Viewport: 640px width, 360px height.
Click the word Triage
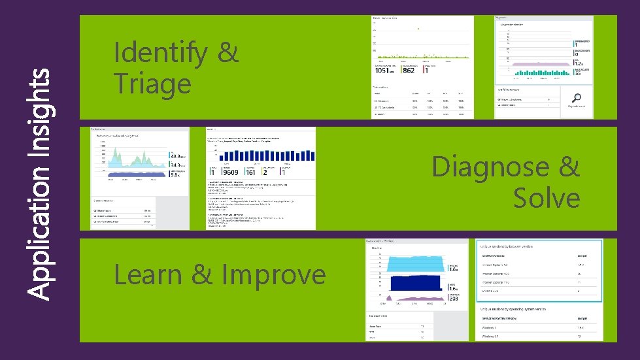tap(152, 84)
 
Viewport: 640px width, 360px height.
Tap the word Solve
tap(547, 198)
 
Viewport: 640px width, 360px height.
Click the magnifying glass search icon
tap(576, 98)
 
